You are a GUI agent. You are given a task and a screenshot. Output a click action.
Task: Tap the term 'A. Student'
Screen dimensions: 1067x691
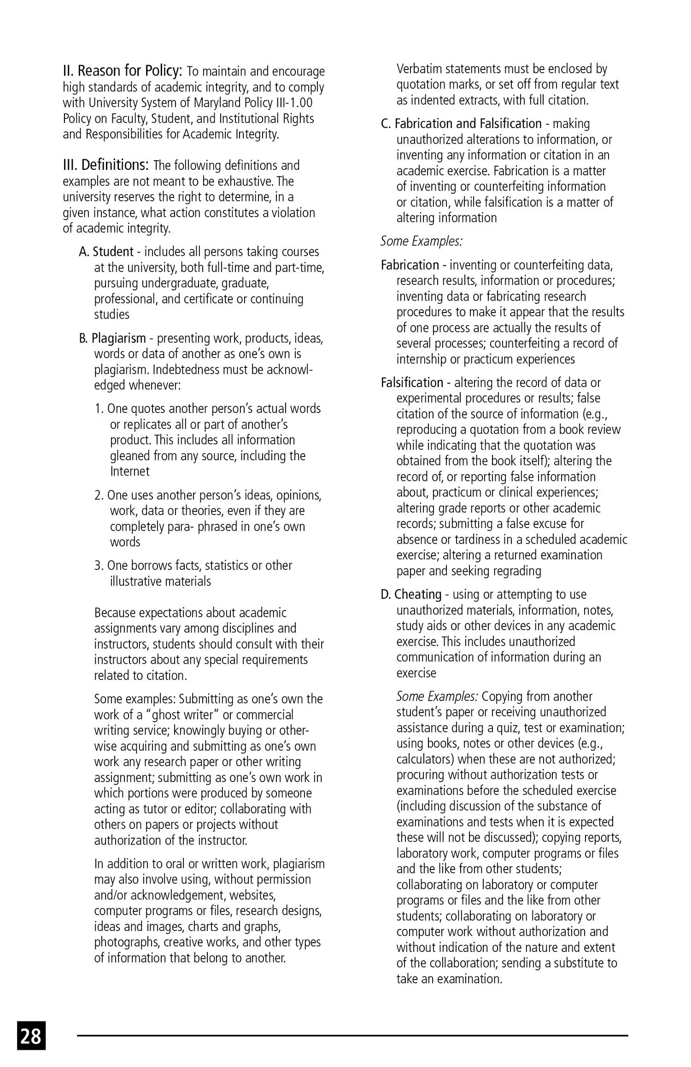tap(106, 252)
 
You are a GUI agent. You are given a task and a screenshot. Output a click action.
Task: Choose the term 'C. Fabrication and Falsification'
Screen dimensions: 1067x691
tap(461, 124)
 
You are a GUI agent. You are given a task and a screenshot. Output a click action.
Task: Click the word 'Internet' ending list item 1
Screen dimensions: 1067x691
tap(130, 471)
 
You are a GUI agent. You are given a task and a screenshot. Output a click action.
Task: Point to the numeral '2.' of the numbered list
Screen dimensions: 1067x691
tap(100, 495)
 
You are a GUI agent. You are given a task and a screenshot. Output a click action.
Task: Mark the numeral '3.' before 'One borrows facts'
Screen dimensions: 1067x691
tap(100, 566)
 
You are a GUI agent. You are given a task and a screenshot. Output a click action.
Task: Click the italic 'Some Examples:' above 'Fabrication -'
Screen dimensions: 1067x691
tap(422, 241)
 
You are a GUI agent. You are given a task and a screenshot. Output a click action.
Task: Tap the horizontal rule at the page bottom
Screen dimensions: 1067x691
tap(352, 1036)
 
